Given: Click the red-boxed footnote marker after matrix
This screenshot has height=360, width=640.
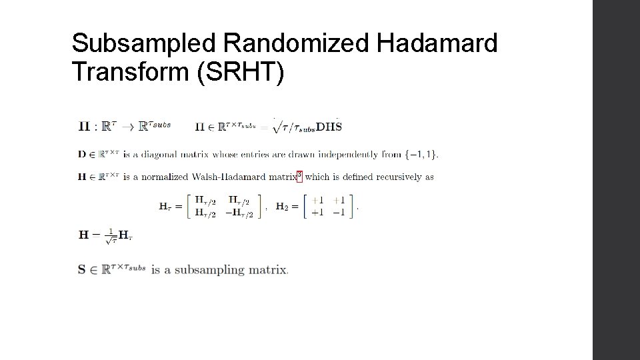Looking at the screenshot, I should pyautogui.click(x=299, y=176).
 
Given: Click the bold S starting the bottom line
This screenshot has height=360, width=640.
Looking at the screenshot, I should pyautogui.click(x=82, y=270).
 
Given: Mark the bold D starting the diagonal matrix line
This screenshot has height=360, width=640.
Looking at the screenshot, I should pyautogui.click(x=82, y=155).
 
